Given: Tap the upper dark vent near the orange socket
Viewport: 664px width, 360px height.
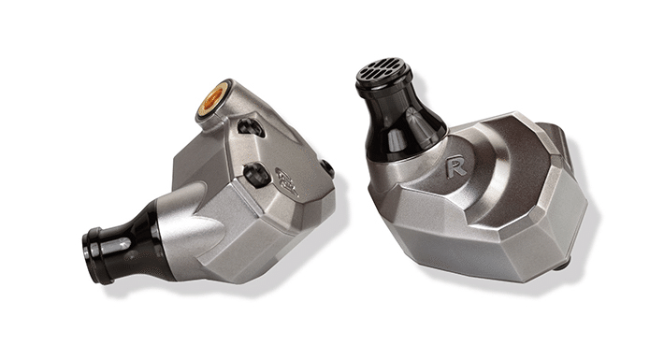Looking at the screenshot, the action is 251,127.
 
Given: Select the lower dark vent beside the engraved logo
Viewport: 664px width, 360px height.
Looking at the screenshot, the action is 256,173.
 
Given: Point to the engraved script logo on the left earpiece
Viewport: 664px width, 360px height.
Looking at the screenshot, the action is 288,181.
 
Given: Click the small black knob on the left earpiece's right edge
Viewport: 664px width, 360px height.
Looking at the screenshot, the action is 327,169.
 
